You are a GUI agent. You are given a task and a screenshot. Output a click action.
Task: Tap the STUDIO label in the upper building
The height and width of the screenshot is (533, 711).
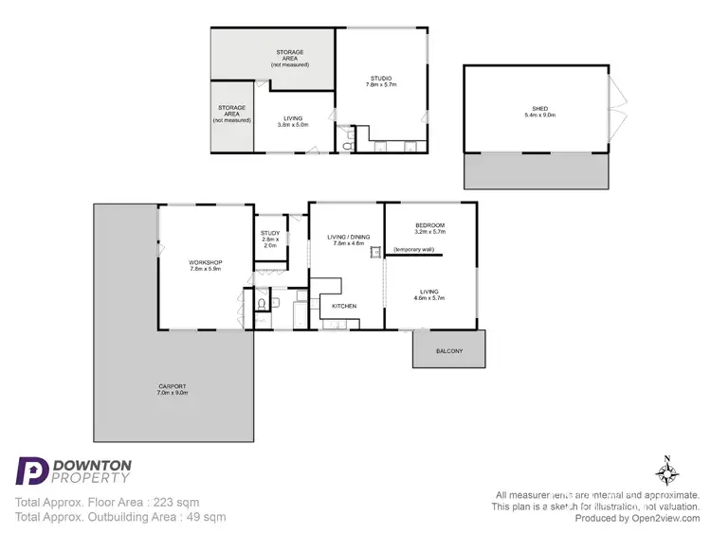click(x=379, y=79)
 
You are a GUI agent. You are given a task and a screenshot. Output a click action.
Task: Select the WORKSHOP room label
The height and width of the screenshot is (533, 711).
click(x=205, y=262)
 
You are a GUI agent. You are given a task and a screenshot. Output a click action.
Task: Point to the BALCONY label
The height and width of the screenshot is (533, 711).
click(x=449, y=351)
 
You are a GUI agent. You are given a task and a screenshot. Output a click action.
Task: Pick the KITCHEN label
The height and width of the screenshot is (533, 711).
click(x=343, y=307)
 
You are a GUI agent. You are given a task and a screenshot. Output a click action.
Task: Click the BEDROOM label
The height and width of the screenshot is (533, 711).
click(x=429, y=224)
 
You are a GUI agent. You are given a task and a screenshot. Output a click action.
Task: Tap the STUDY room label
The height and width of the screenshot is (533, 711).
click(x=269, y=233)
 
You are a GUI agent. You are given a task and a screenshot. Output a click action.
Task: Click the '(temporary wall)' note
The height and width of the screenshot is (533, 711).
click(x=413, y=249)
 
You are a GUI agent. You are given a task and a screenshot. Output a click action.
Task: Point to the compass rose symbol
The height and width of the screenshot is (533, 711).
click(x=667, y=471)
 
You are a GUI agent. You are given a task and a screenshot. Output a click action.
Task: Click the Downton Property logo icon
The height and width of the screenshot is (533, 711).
click(x=32, y=471)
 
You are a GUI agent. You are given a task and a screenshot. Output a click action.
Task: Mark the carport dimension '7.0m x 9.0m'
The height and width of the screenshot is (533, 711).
click(x=173, y=392)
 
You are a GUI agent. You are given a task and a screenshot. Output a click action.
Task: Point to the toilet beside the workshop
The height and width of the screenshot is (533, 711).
click(x=261, y=304)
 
